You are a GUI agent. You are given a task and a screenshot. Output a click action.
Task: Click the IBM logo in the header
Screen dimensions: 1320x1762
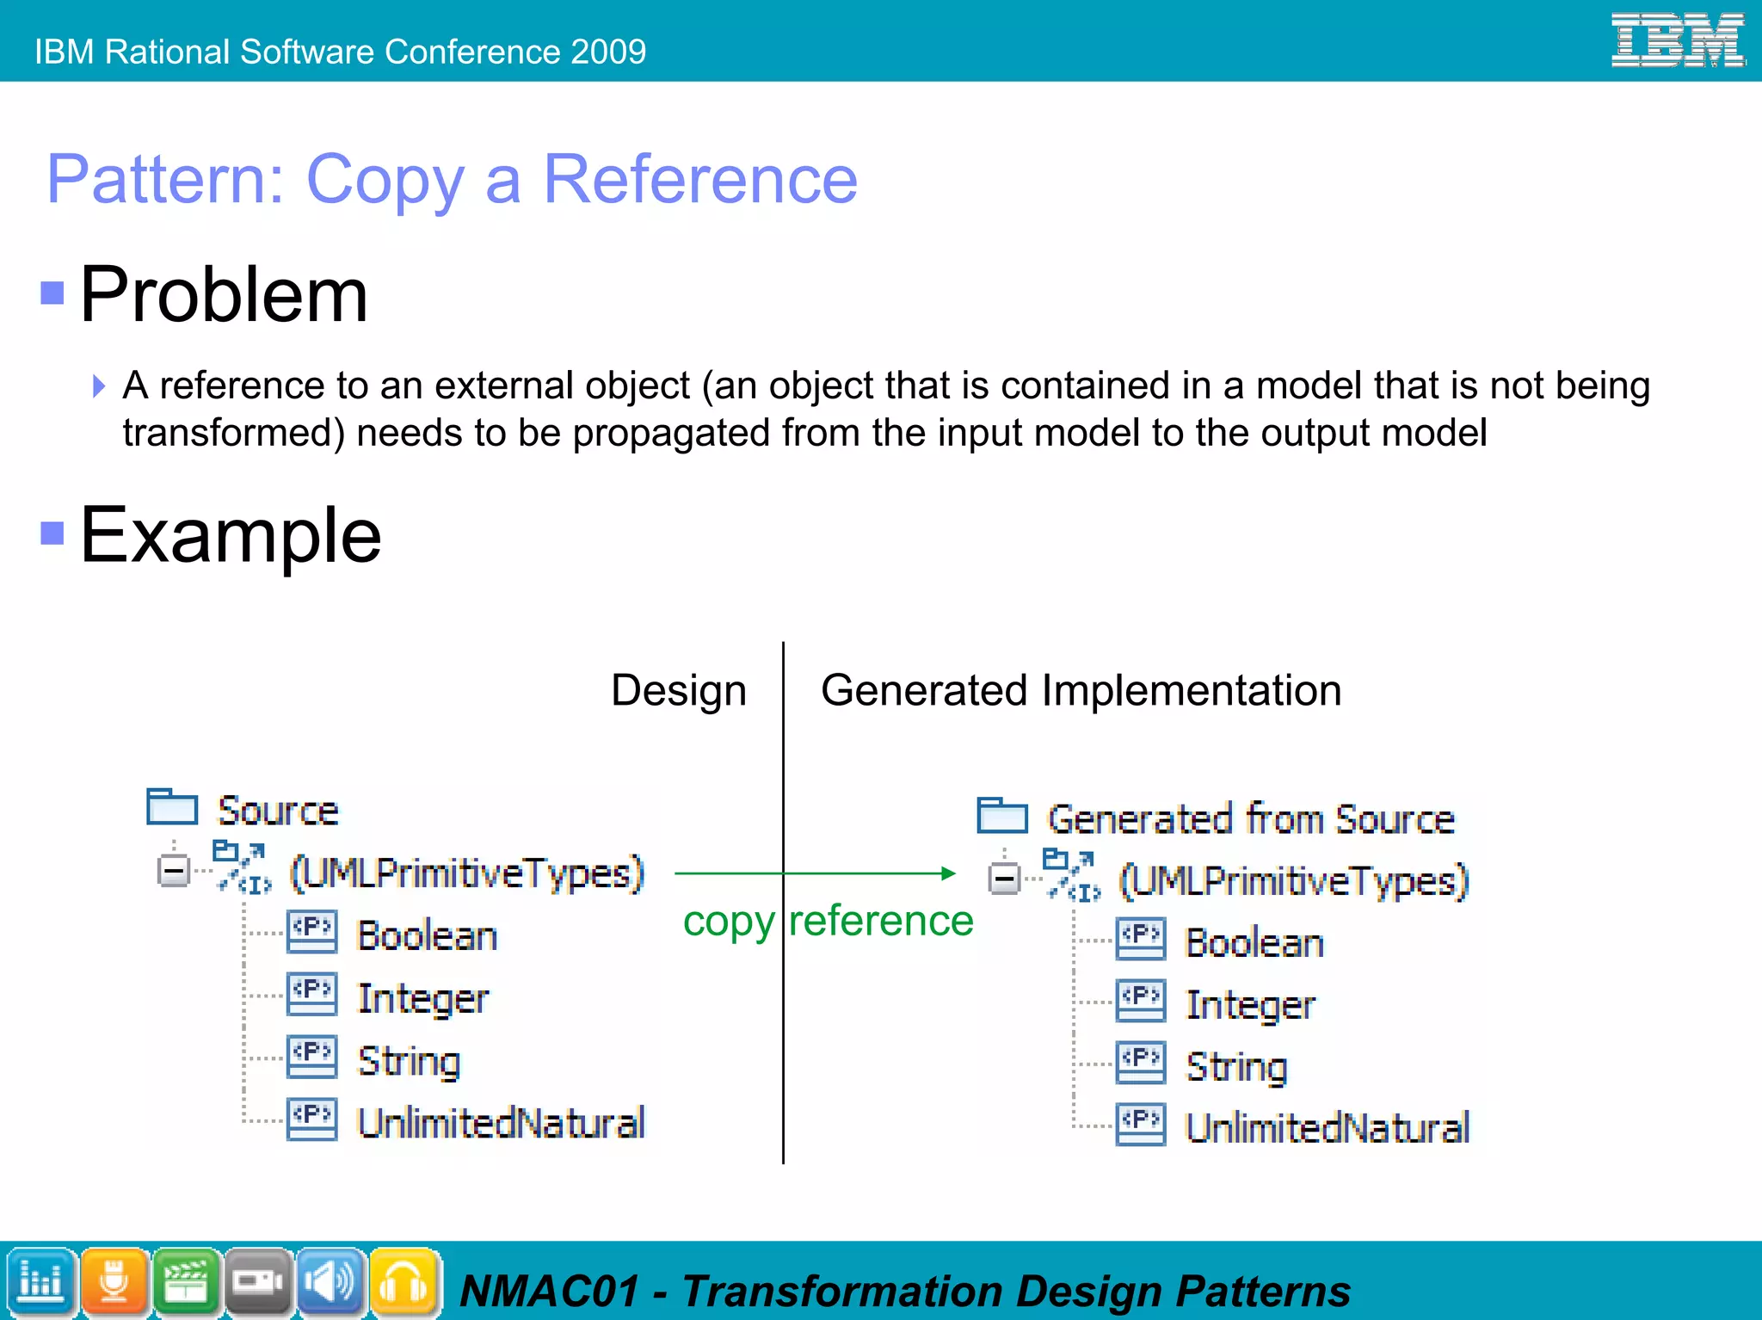click(x=1677, y=40)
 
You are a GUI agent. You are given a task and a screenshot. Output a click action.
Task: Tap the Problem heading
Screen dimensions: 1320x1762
click(x=224, y=294)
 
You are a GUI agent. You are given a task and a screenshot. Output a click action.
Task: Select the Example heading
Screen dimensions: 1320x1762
click(x=230, y=535)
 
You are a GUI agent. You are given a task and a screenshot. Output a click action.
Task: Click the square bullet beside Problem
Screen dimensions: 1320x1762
click(x=52, y=293)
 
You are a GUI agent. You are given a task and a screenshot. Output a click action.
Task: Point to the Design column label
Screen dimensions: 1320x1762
click(x=678, y=690)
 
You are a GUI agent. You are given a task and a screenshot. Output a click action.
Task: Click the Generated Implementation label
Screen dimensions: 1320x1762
click(x=1081, y=690)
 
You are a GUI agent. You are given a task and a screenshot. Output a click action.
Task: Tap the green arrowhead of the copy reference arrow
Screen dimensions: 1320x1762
click(x=947, y=873)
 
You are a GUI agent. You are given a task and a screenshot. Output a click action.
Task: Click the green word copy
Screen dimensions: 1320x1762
click(x=728, y=922)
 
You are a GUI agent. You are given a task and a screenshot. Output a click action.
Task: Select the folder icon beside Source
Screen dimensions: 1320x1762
click(x=172, y=806)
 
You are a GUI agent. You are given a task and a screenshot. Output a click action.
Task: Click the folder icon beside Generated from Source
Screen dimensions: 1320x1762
click(x=1002, y=815)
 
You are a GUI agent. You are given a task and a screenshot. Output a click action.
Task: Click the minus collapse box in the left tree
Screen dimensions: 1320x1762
click(x=174, y=871)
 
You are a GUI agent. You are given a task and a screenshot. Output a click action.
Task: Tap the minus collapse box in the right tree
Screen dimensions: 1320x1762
click(x=1004, y=879)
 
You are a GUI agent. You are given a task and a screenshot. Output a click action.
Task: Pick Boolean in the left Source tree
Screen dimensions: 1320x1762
click(x=427, y=935)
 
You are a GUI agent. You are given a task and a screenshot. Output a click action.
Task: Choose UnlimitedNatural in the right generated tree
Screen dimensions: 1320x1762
click(x=1327, y=1128)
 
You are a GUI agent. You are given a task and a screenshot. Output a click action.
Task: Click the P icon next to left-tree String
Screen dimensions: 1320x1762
click(x=311, y=1058)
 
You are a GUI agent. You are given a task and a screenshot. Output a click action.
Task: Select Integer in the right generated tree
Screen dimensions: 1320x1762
click(x=1250, y=1005)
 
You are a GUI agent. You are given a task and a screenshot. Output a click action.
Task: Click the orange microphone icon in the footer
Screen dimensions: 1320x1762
click(x=114, y=1282)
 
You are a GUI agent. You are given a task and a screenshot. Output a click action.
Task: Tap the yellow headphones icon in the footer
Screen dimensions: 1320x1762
click(x=404, y=1282)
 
